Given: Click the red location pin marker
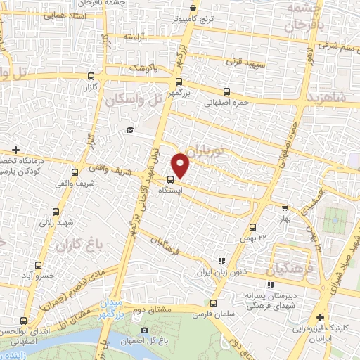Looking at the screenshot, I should pos(181,165).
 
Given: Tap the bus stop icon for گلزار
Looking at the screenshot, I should pos(91,76).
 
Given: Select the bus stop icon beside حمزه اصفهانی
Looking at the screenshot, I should pos(226,91).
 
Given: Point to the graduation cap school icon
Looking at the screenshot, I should pos(129,130).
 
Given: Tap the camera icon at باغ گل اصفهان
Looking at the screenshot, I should pos(144,330).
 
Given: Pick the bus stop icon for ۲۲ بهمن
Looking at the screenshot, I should pos(252,227).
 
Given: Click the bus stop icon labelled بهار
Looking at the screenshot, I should pos(284,207).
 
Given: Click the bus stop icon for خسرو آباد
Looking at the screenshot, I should pos(38,266).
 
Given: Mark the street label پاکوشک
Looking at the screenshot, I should pos(144,68).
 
